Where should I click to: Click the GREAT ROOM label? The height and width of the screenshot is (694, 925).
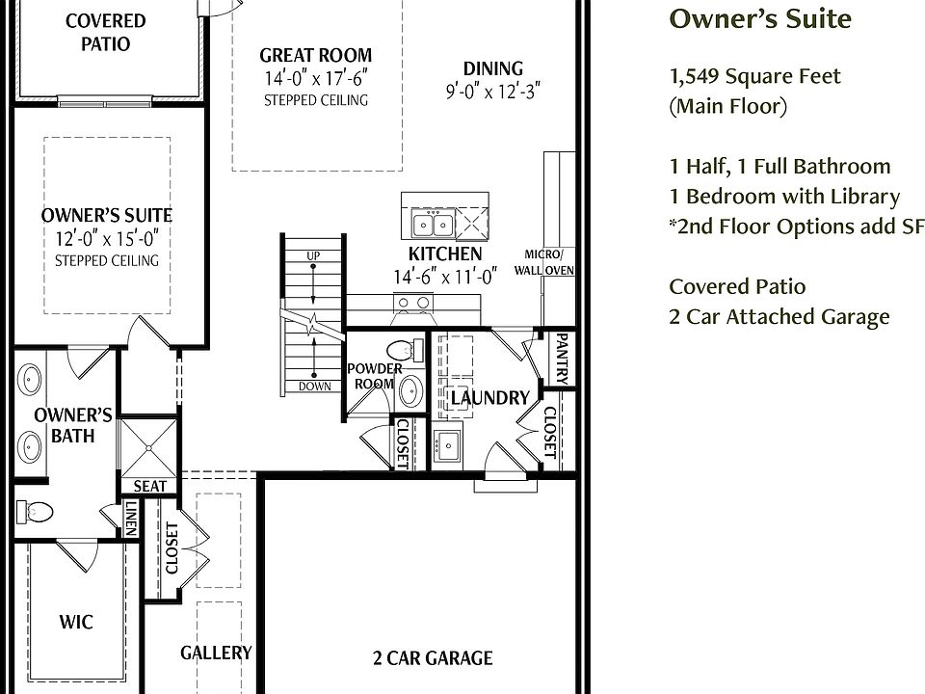[x=316, y=55]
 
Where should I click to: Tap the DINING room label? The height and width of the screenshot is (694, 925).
[x=493, y=68]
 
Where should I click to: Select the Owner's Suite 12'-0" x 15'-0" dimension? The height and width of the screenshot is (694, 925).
[x=107, y=239]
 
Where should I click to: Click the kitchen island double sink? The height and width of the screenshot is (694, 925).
[x=434, y=225]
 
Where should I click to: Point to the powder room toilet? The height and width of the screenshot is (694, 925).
[x=406, y=350]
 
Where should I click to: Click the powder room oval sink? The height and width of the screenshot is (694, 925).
[x=410, y=390]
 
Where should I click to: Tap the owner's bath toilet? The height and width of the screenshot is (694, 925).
[x=35, y=512]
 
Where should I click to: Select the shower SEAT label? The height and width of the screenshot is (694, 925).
[x=150, y=486]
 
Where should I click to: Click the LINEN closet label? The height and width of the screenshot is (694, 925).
[x=131, y=518]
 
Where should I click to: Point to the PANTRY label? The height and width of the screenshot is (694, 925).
[x=562, y=359]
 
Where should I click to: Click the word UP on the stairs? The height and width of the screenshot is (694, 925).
[x=313, y=256]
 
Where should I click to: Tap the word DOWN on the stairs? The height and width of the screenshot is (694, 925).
[x=314, y=387]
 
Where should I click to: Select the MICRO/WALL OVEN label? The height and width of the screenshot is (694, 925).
[x=543, y=262]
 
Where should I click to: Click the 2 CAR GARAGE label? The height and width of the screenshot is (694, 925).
[x=433, y=658]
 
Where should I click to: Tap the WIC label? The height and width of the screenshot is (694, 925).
[x=76, y=622]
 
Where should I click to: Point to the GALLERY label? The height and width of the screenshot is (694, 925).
[x=216, y=653]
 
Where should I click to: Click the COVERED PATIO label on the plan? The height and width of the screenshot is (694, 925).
[x=106, y=32]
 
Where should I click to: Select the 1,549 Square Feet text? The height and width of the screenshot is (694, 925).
[x=755, y=77]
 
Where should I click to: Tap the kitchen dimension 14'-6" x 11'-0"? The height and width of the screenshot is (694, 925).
[x=445, y=277]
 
